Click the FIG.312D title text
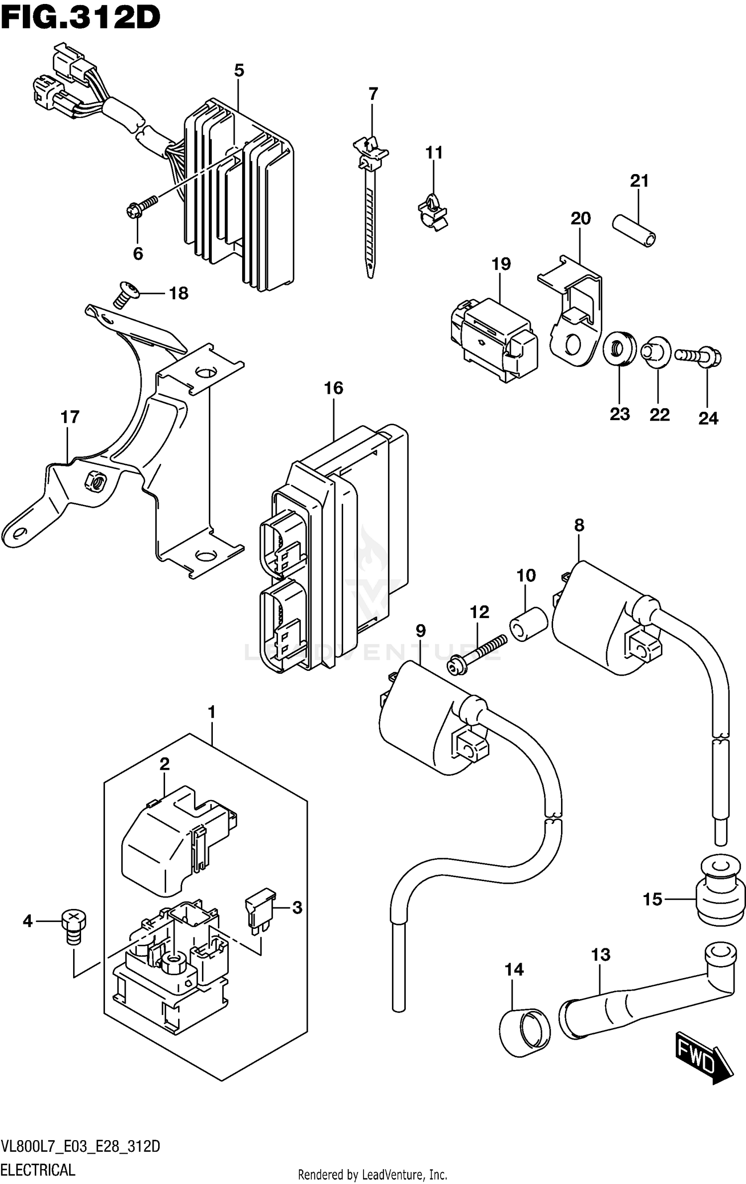point(81,19)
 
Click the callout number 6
point(138,254)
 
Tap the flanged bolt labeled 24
point(699,356)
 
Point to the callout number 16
point(333,388)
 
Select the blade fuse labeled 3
point(260,911)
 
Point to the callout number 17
point(70,417)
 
